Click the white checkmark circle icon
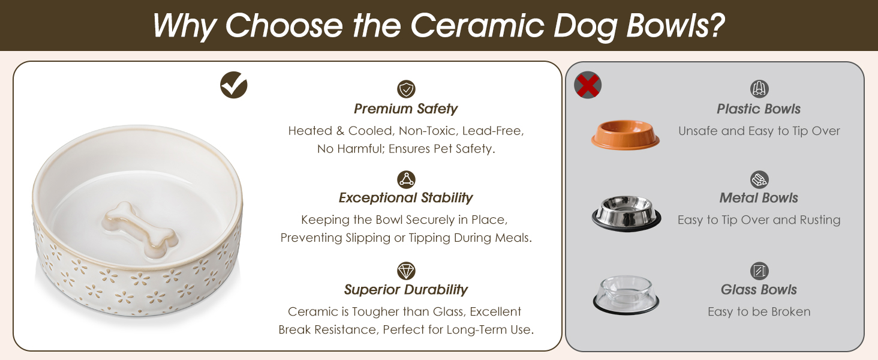[x=234, y=85]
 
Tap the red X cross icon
[x=588, y=85]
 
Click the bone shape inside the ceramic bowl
[x=140, y=230]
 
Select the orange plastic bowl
[x=625, y=134]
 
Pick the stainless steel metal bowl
[x=626, y=213]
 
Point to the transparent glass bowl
[x=626, y=295]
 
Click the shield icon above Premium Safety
[x=406, y=89]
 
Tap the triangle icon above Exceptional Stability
[x=406, y=179]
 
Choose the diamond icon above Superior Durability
[x=406, y=271]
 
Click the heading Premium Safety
[x=405, y=109]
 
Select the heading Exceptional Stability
[x=405, y=197]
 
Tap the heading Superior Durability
[x=405, y=289]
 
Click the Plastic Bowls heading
[x=759, y=109]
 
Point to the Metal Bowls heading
[x=759, y=197]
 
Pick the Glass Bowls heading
[x=759, y=289]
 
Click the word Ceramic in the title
[x=477, y=26]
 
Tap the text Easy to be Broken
[x=759, y=311]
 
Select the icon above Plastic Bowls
[x=759, y=89]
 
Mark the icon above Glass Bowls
[x=759, y=271]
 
